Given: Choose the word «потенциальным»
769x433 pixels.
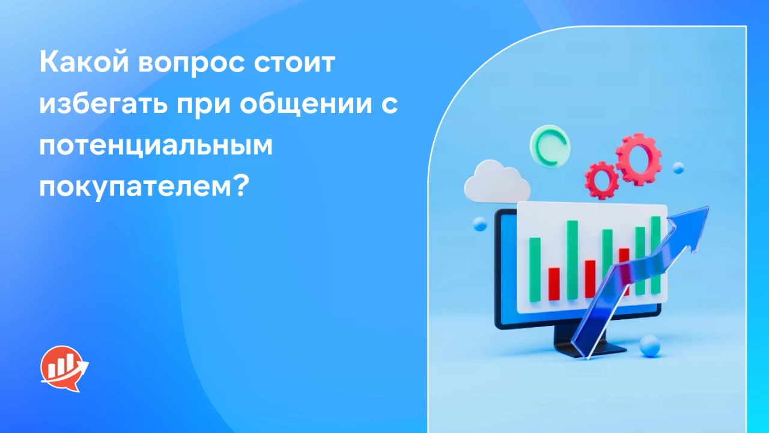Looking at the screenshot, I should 156,147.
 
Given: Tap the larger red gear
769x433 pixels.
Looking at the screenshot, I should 638,158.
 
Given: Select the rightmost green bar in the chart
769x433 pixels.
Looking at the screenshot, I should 655,254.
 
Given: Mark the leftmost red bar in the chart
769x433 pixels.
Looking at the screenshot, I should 554,284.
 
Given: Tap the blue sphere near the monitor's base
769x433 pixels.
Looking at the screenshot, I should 649,345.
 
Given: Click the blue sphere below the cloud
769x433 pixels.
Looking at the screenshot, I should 479,224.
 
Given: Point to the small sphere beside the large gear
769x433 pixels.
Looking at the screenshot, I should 678,167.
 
